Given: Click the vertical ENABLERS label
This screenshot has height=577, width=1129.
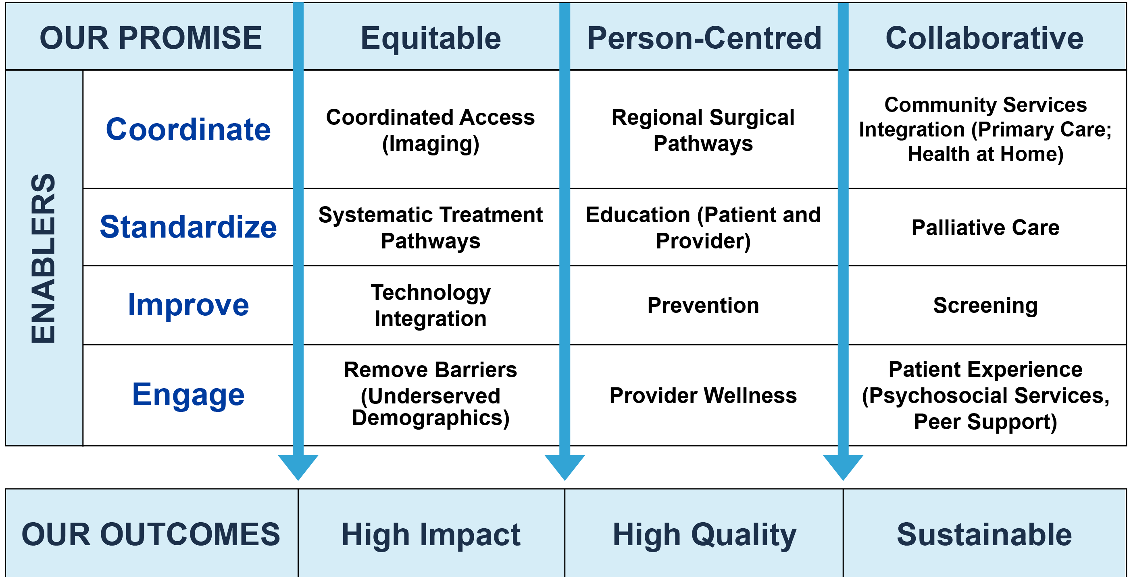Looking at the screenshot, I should [x=44, y=258].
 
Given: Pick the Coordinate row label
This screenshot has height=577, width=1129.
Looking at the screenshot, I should [x=188, y=130].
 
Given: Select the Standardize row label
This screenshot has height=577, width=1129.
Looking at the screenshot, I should [x=188, y=227].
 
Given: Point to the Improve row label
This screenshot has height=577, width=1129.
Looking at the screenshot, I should [x=188, y=305].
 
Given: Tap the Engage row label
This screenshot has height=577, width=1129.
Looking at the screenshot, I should [x=188, y=395].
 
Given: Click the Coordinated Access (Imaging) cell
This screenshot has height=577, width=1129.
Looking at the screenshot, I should [x=430, y=130].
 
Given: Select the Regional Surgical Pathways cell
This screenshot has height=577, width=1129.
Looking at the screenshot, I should [x=703, y=130].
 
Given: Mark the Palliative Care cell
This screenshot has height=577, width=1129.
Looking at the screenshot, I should [x=985, y=227].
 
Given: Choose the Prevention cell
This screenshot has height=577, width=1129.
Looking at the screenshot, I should [x=703, y=305].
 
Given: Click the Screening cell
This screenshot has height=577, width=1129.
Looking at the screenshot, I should [x=985, y=305].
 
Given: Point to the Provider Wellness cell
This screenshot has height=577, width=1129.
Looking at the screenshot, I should [x=703, y=395].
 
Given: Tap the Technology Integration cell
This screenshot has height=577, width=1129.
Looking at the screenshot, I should [x=430, y=305].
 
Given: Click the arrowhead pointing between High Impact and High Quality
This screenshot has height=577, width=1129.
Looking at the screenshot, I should [x=564, y=466].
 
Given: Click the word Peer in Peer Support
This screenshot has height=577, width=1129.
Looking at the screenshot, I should [x=937, y=422].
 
